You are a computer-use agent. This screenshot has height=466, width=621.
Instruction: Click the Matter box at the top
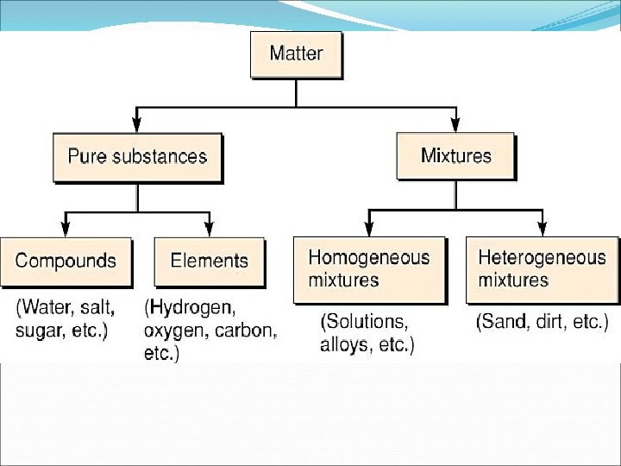tap(295, 55)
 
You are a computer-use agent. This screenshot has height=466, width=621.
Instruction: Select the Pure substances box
tap(137, 157)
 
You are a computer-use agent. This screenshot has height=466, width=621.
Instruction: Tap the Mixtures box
tap(455, 156)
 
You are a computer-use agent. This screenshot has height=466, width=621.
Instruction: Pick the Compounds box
tap(66, 261)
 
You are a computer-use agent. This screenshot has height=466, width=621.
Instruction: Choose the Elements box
tap(209, 261)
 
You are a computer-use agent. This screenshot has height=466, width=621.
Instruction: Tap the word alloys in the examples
tap(343, 346)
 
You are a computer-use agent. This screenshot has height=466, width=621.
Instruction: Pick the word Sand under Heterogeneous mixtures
tap(505, 323)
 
